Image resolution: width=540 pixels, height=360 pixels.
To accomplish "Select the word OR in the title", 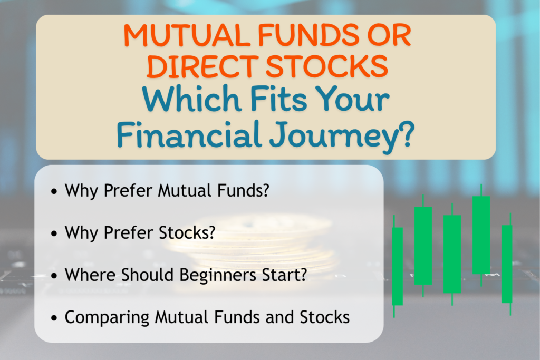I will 390,36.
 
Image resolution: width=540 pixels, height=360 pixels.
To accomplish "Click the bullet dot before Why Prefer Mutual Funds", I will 55,191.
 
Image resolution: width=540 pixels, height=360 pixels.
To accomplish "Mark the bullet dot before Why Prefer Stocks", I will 55,234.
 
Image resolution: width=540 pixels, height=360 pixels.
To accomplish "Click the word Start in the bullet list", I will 290,276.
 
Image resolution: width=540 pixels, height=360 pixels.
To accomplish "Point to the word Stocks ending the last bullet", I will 326,318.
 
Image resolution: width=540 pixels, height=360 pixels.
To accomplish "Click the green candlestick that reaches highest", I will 481,235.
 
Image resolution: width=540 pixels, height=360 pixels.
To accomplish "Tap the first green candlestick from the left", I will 397,266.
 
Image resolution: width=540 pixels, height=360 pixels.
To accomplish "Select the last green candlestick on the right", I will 507,264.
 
